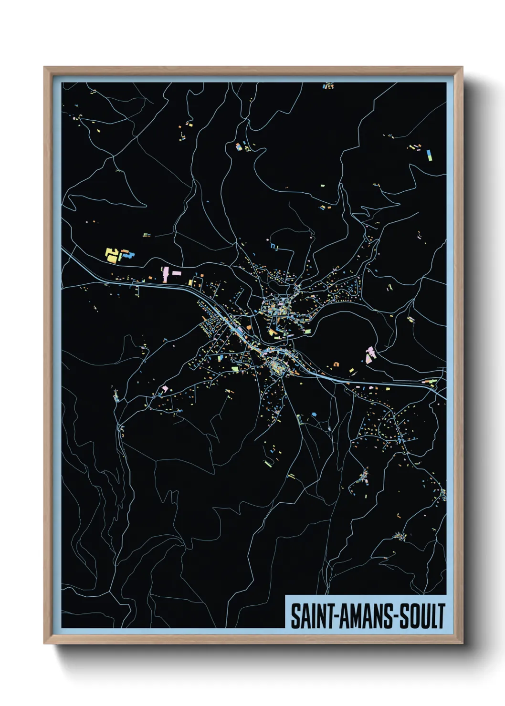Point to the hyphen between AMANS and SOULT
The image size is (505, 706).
pyautogui.click(x=394, y=617)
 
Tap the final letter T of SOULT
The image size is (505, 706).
pyautogui.click(x=442, y=616)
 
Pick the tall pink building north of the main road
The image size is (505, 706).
pyautogui.click(x=166, y=274)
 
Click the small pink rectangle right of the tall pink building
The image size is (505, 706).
pyautogui.click(x=177, y=273)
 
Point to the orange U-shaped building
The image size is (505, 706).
pyautogui.click(x=336, y=364)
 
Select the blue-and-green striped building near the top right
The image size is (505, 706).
pyautogui.click(x=429, y=155)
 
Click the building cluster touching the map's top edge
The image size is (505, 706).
pyautogui.click(x=328, y=86)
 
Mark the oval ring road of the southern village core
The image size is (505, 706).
pyautogui.click(x=277, y=366)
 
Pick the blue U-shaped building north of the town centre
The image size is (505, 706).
pyautogui.click(x=274, y=246)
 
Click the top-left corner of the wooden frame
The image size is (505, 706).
pyautogui.click(x=44, y=67)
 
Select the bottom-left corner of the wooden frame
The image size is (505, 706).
pyautogui.click(x=44, y=643)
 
